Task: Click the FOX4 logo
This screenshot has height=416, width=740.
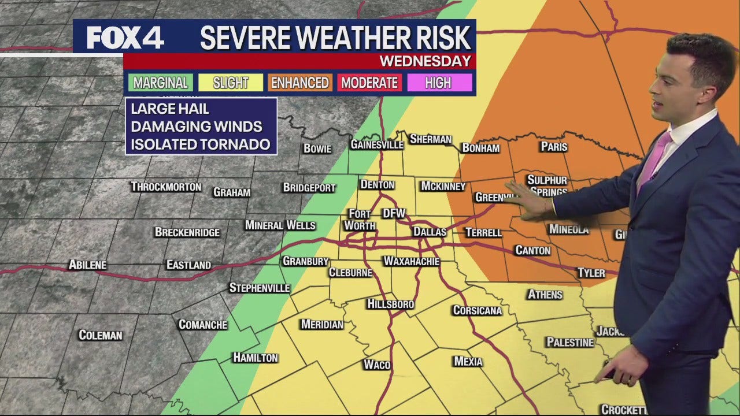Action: (125, 38)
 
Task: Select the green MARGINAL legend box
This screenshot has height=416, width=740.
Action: (160, 83)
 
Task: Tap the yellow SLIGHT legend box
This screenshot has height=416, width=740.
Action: (230, 83)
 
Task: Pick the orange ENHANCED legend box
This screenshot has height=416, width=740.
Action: (300, 83)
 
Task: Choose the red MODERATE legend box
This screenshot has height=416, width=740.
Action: (369, 83)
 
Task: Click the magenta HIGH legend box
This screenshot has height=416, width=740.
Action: (438, 83)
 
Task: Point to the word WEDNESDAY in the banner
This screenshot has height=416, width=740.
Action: (425, 61)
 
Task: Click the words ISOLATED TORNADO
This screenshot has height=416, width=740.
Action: (200, 144)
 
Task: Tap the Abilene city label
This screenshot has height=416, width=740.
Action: (87, 265)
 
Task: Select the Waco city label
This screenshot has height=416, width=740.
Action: (377, 365)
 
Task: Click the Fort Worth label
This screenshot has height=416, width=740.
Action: (360, 220)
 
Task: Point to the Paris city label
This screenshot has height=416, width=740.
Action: (554, 147)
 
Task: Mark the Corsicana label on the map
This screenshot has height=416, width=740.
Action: (477, 310)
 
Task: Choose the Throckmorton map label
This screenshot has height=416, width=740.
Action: (166, 187)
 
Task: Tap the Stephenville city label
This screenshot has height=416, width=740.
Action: (259, 288)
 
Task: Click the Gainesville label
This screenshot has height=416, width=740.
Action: (376, 144)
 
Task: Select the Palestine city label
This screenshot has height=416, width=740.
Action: (570, 342)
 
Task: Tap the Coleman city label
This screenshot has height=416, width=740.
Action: (101, 335)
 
